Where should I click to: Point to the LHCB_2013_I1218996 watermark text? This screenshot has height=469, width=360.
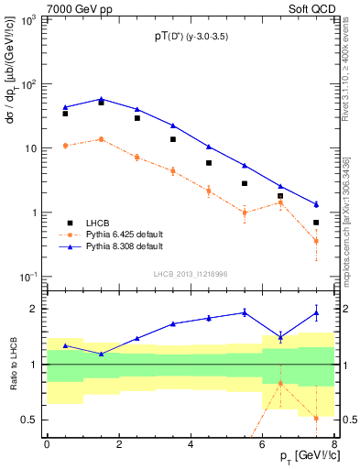189,273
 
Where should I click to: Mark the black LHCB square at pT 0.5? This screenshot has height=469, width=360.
65,114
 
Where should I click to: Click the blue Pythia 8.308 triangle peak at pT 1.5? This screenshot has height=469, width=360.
101,99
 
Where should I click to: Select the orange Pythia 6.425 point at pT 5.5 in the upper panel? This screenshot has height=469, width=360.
245,213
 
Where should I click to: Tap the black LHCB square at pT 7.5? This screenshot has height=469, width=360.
316,223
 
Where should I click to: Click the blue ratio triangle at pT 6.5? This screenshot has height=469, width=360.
280,336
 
